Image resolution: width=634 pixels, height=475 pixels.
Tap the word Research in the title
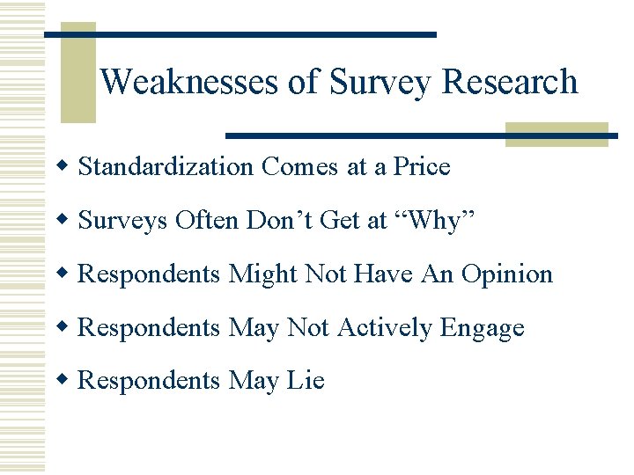click(510, 82)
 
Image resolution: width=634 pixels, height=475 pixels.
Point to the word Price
click(422, 167)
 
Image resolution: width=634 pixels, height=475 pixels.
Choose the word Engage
click(482, 328)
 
